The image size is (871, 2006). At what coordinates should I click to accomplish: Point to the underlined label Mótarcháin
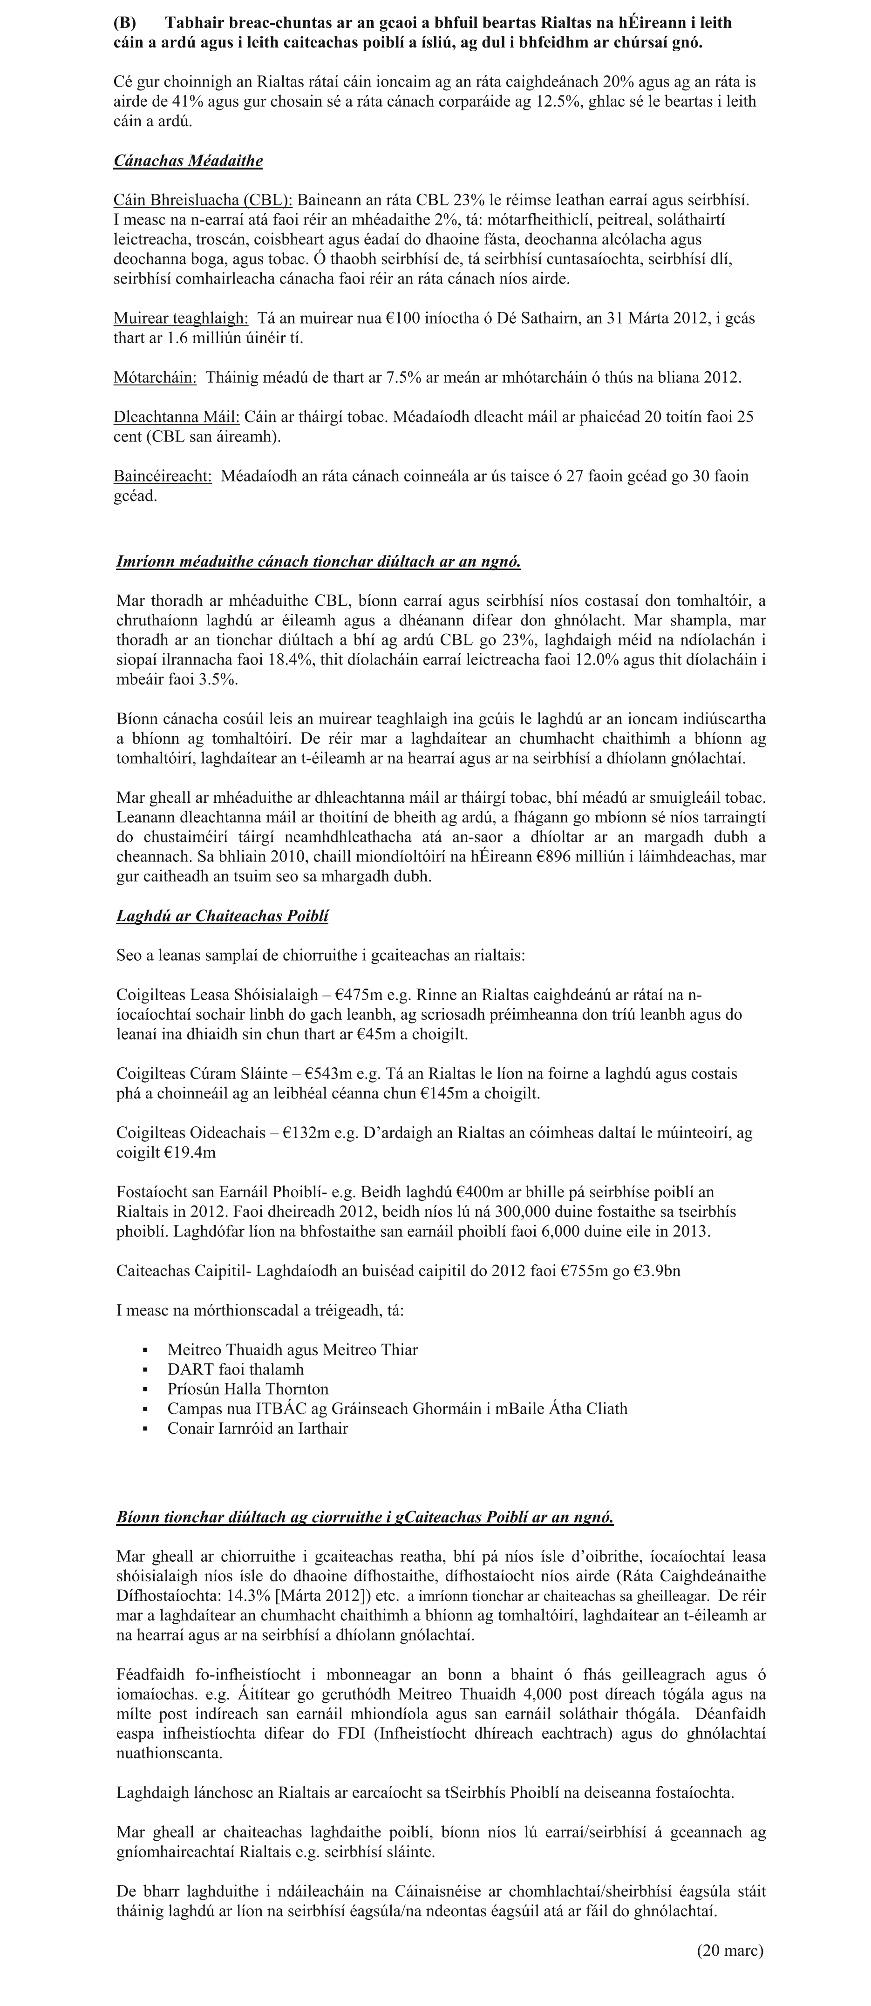click(155, 378)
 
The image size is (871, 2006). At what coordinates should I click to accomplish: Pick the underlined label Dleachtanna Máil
click(176, 417)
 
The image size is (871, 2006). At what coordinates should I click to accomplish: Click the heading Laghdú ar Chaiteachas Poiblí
click(222, 916)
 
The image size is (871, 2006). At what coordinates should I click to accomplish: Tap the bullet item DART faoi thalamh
click(235, 1369)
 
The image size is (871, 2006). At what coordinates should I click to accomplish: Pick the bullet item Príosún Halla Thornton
click(248, 1389)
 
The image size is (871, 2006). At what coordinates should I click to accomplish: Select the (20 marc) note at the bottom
click(730, 1951)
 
